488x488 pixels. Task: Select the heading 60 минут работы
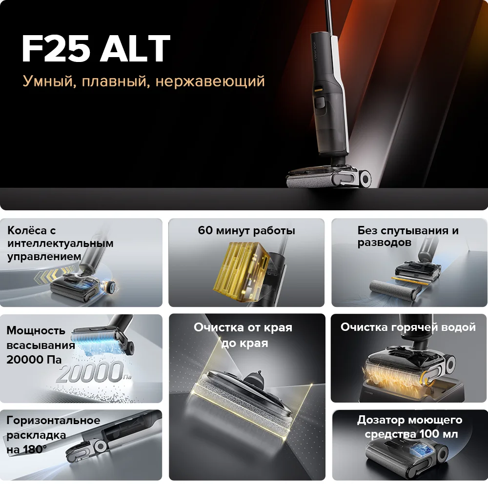tap(246, 230)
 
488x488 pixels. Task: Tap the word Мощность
tap(36, 330)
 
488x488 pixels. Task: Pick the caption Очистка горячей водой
tap(408, 327)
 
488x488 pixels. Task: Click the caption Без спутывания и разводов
tap(407, 236)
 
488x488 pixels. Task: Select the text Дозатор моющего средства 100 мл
tap(409, 427)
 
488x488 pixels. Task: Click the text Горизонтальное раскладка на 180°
tap(53, 434)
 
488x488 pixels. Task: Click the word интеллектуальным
tap(61, 243)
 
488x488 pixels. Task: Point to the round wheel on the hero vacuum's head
tap(365, 178)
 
